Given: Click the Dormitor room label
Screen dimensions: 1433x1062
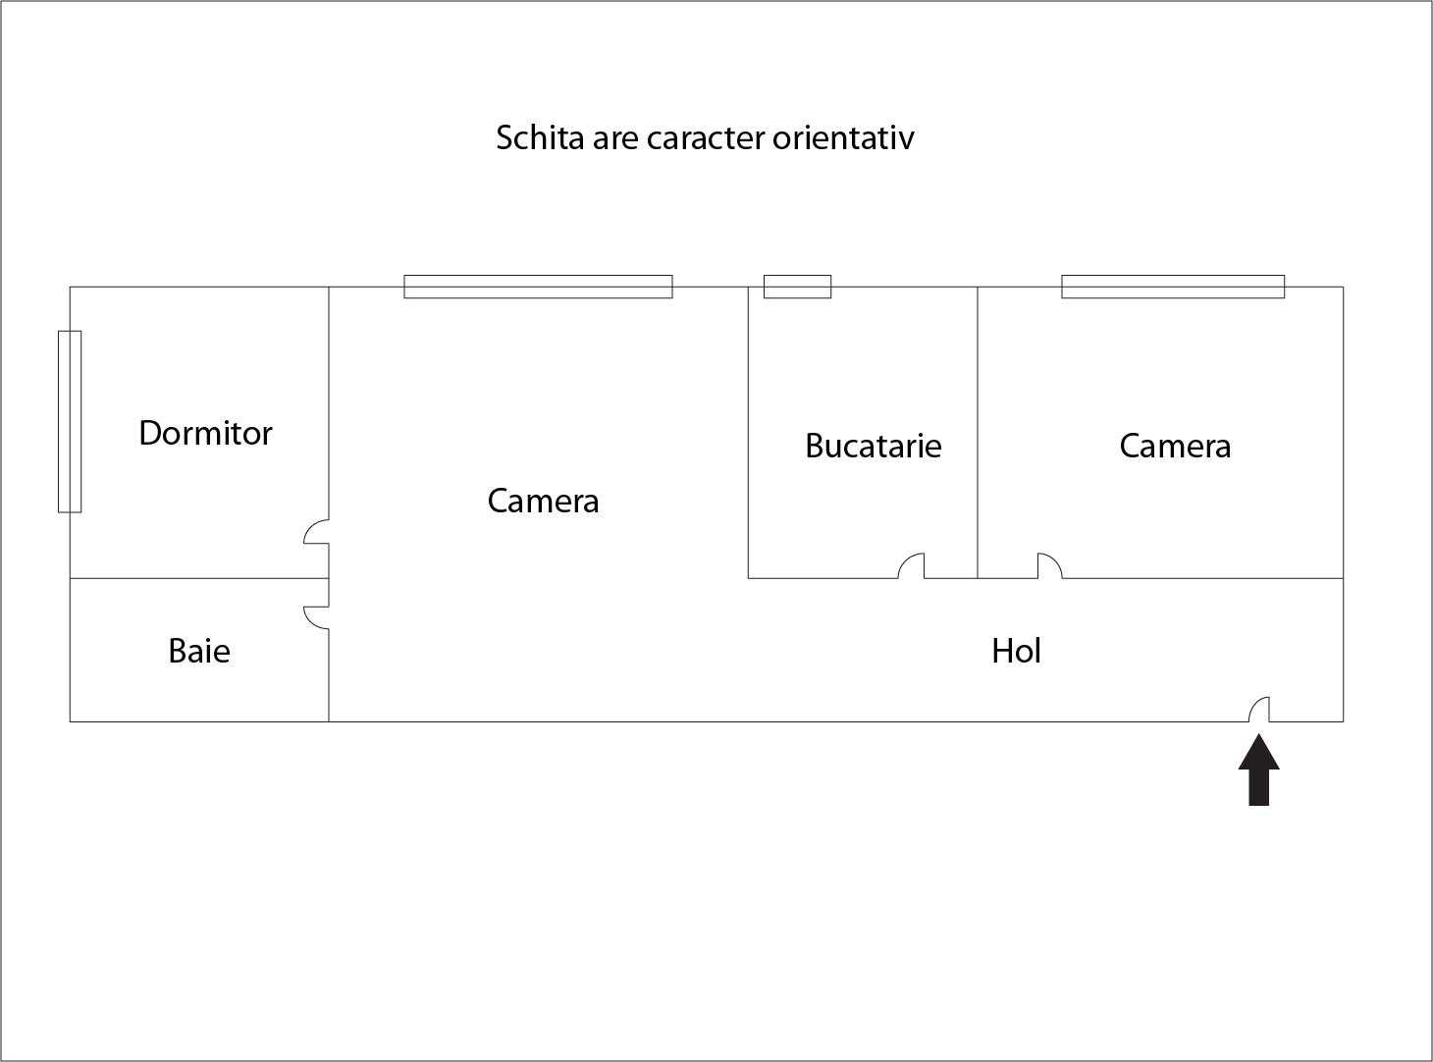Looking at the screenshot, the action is pyautogui.click(x=205, y=433).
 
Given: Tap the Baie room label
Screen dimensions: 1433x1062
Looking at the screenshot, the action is pyautogui.click(x=199, y=651).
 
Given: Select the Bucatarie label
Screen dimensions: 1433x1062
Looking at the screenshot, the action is pyautogui.click(x=873, y=446).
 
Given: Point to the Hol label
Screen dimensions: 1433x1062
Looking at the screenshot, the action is pyautogui.click(x=1016, y=651).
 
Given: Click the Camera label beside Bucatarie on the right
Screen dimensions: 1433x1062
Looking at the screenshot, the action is pyautogui.click(x=1175, y=446).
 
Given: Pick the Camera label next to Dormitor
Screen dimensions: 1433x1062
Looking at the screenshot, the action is pyautogui.click(x=543, y=501).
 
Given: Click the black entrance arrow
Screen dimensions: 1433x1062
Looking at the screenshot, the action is pyautogui.click(x=1258, y=770).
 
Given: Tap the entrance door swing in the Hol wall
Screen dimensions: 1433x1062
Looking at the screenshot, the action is pyautogui.click(x=1258, y=709).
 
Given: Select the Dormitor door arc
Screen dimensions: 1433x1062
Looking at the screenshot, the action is pyautogui.click(x=317, y=531).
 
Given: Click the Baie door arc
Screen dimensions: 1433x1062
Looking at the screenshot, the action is pyautogui.click(x=317, y=617).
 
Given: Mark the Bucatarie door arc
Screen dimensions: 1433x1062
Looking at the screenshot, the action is pyautogui.click(x=911, y=565).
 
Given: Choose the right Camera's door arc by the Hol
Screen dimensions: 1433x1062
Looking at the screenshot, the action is pyautogui.click(x=1050, y=565).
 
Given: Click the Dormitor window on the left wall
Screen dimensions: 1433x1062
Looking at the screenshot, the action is pyautogui.click(x=70, y=421).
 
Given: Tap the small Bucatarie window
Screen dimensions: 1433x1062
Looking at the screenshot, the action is pyautogui.click(x=797, y=287).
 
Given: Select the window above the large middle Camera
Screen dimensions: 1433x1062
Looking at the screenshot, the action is pyautogui.click(x=538, y=287).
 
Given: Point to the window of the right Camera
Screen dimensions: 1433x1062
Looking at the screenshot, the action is pyautogui.click(x=1173, y=287).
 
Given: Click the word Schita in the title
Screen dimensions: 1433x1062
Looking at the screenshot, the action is pyautogui.click(x=540, y=137).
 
